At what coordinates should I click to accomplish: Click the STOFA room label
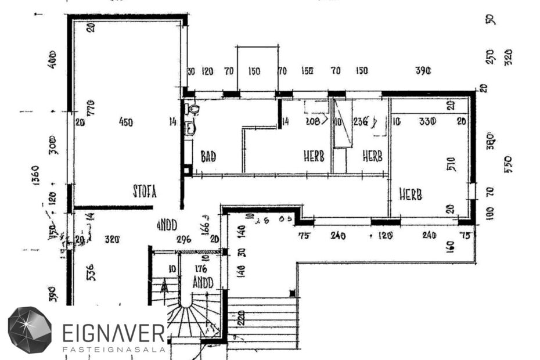145,191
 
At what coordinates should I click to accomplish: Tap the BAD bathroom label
208,157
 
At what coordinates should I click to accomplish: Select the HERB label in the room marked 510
410,194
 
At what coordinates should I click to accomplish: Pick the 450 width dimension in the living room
125,122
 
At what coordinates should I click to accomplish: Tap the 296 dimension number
183,239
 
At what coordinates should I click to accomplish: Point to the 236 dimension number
361,122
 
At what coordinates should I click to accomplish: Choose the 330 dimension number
427,121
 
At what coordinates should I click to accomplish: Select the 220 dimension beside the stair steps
240,318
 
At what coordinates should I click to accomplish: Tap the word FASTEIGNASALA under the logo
113,349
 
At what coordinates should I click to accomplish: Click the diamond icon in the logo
30,330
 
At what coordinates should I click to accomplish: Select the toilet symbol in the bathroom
193,109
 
